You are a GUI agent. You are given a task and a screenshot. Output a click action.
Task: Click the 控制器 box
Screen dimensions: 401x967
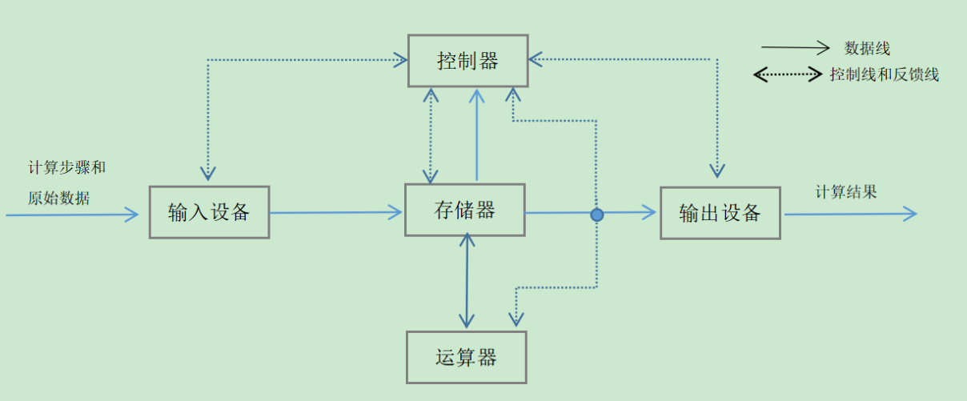click(x=468, y=61)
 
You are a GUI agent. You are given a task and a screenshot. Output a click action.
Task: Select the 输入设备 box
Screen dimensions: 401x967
click(x=209, y=212)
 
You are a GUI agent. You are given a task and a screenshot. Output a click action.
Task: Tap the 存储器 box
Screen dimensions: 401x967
click(x=465, y=210)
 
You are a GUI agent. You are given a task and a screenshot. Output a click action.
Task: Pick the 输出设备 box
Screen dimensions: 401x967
click(x=720, y=213)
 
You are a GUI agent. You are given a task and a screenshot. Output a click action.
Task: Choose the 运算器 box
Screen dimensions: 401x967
click(x=467, y=357)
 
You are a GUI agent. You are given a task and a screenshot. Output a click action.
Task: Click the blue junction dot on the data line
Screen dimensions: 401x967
click(x=597, y=215)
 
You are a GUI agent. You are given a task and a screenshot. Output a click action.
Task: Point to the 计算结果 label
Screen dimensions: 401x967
click(x=846, y=192)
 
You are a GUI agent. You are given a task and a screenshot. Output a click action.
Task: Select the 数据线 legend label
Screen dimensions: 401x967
click(x=867, y=49)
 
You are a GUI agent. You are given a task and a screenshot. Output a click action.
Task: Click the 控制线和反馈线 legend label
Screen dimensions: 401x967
click(x=884, y=75)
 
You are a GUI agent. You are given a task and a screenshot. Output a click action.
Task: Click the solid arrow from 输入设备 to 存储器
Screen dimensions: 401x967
click(x=336, y=212)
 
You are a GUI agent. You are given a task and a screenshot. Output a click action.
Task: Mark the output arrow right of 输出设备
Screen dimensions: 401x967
click(x=849, y=213)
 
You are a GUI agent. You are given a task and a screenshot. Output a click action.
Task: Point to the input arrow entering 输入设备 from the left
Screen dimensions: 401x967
click(x=72, y=215)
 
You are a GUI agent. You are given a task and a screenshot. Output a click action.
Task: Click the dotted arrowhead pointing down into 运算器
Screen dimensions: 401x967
click(x=516, y=318)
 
